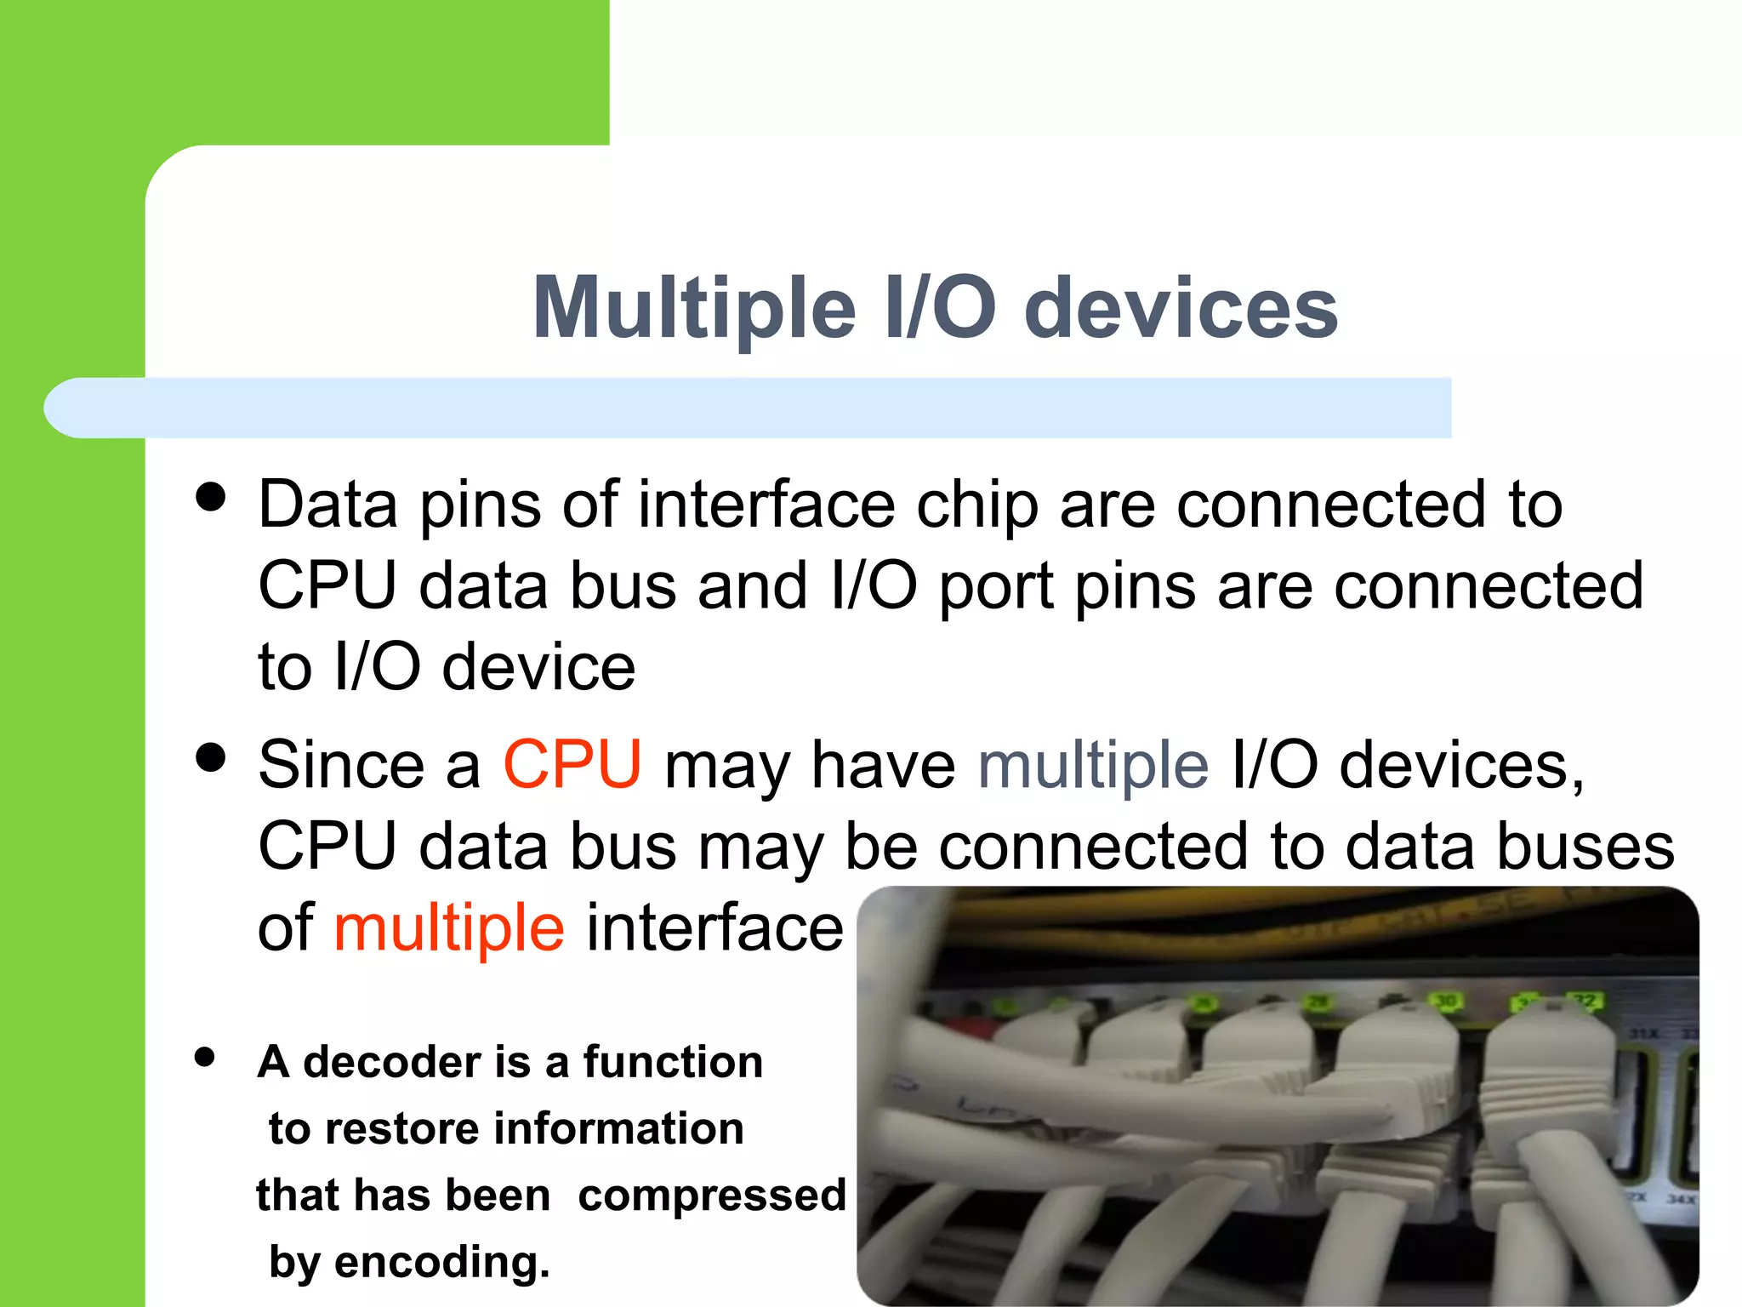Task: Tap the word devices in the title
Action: point(1181,308)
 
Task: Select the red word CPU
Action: point(572,764)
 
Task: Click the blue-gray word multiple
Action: point(1093,764)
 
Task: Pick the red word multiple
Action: point(448,927)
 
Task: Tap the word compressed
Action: point(712,1195)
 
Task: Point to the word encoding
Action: point(441,1261)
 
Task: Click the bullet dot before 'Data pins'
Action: point(210,497)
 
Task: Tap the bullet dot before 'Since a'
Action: point(210,756)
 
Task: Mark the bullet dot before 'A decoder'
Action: point(204,1057)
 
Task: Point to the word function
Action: point(672,1062)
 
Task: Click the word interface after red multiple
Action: point(714,927)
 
